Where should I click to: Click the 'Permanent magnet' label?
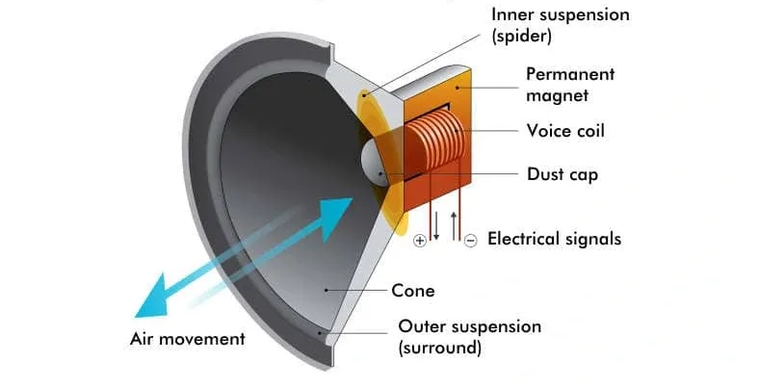570,85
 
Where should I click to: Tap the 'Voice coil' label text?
565,130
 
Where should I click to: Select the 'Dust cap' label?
563,174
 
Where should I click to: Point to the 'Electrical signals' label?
554,238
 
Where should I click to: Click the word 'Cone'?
413,290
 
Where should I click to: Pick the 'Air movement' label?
188,339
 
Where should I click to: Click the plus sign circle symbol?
419,241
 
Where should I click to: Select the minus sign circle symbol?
470,241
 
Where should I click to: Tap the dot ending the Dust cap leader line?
382,175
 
